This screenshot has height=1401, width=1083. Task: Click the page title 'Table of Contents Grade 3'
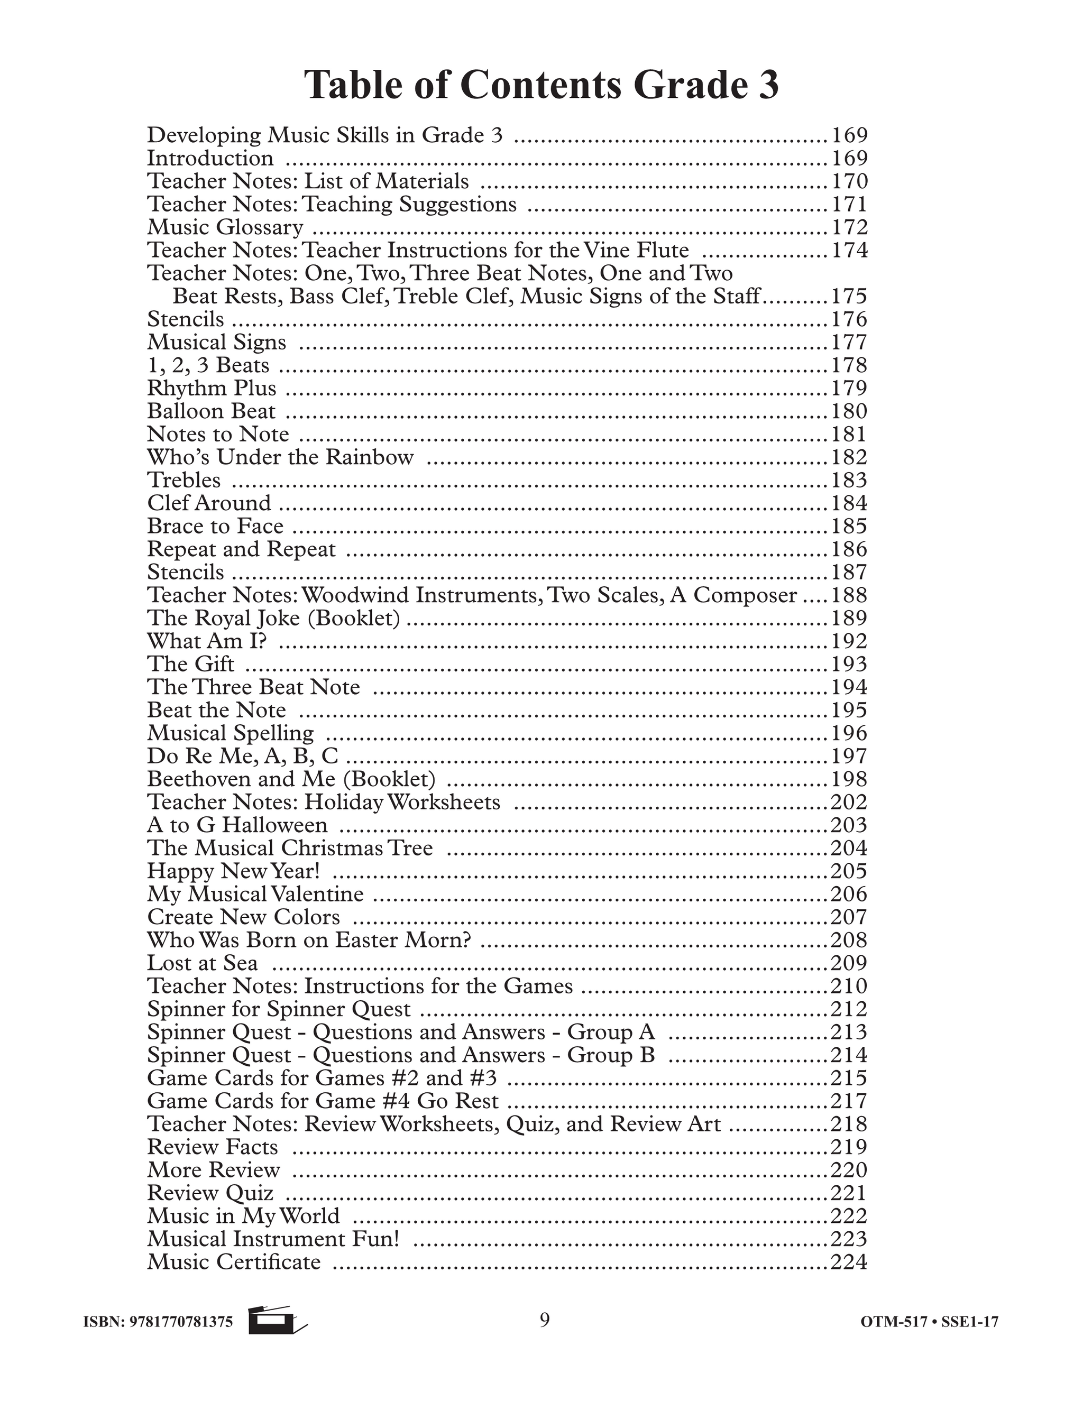[541, 85]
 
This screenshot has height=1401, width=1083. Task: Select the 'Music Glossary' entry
[225, 227]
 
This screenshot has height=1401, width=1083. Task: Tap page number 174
[849, 250]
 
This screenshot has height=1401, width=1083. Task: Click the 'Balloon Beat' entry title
[211, 411]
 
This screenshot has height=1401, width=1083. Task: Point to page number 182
[849, 457]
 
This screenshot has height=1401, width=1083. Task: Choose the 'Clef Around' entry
[209, 503]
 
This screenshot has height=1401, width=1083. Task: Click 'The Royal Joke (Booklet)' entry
[274, 617]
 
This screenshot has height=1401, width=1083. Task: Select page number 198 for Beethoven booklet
[849, 779]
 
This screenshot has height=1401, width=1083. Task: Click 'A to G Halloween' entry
[237, 825]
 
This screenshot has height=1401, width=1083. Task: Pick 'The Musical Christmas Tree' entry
[290, 848]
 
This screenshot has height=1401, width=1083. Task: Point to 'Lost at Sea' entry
[203, 963]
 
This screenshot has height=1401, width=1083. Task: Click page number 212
[849, 1009]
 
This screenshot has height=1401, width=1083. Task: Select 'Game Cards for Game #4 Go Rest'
[323, 1101]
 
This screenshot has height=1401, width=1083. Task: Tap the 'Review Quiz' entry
[210, 1193]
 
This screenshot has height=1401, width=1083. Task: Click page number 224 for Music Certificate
[849, 1262]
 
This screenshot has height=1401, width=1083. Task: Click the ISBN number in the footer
[159, 1322]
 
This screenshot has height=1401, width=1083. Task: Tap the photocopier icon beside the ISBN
[277, 1321]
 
